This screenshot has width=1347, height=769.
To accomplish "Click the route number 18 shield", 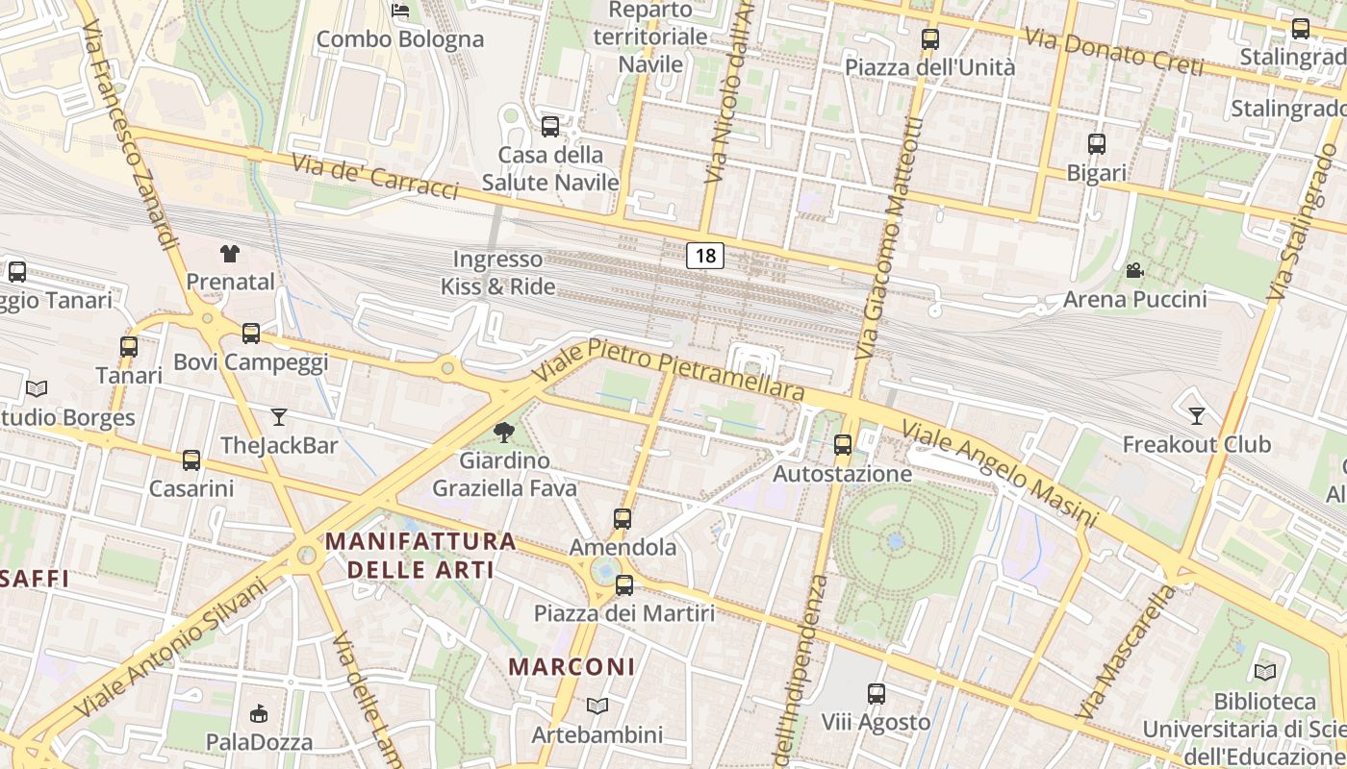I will click(705, 256).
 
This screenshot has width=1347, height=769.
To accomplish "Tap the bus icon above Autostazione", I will click(843, 444).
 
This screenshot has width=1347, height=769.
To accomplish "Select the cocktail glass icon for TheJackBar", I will click(279, 416).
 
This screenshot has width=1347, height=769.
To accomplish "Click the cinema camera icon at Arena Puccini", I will click(1134, 270).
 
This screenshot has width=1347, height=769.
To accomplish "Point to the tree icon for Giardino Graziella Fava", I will click(503, 432).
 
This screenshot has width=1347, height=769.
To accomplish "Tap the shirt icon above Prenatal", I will click(230, 254).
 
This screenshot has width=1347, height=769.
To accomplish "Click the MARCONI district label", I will click(572, 666).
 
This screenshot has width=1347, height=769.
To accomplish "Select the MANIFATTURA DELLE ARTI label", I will click(420, 555).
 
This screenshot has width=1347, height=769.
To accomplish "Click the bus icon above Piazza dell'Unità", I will click(929, 39).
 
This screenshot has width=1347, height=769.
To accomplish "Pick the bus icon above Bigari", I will click(1096, 144).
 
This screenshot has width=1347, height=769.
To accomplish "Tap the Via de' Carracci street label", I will click(374, 177).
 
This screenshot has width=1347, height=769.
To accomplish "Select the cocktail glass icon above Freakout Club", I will click(1196, 415).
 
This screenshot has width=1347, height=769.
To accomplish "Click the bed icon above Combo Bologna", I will click(400, 11).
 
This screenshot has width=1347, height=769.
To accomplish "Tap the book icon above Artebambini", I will click(597, 707).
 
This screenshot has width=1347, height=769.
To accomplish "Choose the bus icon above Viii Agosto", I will click(876, 693).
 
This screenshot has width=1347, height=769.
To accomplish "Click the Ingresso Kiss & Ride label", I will click(497, 272).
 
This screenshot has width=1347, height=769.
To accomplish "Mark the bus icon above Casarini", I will click(191, 459).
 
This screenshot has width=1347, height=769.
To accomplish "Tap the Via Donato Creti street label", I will click(1113, 52).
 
